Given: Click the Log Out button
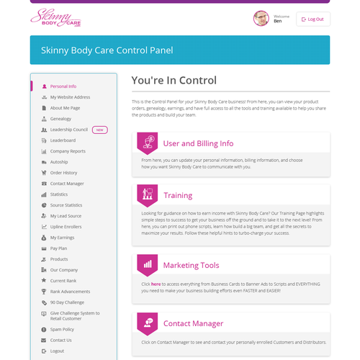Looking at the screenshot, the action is point(313,19).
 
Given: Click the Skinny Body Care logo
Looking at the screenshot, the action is point(55,20).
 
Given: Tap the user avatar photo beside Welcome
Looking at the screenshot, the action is point(261,19).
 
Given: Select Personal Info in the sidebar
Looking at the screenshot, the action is point(63,86).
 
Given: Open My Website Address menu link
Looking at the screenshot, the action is point(70,97).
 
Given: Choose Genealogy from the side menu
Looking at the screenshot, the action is point(60,119).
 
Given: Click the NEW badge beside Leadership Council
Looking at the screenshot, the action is point(100,130).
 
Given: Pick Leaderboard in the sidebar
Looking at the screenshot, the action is point(63,140).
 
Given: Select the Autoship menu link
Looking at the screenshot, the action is point(59,162).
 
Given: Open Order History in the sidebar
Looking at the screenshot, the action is point(63,173).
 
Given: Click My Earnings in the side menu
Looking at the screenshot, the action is point(63,237).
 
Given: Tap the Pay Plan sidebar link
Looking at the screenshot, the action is point(59,248).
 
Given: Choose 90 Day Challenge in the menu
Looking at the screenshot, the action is point(67,302).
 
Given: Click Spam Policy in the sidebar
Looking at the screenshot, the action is point(62,329).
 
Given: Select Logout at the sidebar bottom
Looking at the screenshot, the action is point(57,351).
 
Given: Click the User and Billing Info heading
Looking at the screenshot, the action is point(198,143).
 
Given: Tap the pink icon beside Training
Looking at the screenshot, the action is point(147,194).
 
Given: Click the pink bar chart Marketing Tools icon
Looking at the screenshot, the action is point(147,264).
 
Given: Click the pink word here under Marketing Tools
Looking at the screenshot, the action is point(156,284).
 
